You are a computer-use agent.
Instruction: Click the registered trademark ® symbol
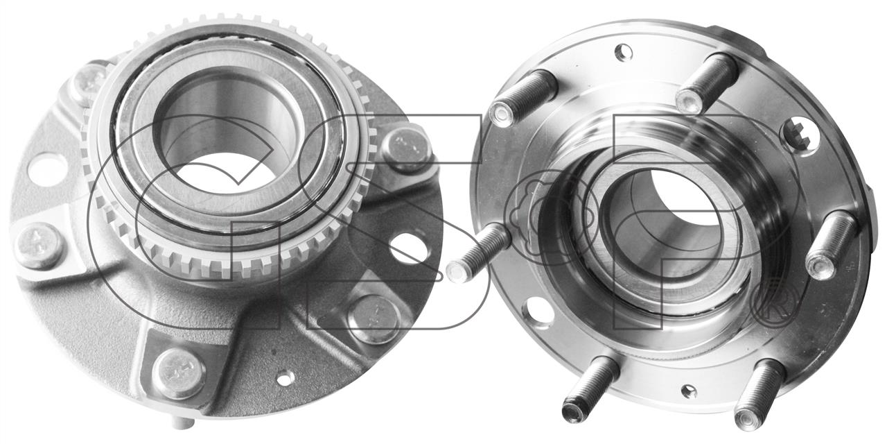pos(775,303)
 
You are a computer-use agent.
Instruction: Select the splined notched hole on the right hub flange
pos(800,135)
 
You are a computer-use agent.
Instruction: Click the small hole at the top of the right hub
pos(623,53)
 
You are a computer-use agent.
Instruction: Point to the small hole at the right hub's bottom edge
pos(689,391)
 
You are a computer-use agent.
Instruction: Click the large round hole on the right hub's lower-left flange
pos(538,311)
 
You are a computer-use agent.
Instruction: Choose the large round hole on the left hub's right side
pos(409,248)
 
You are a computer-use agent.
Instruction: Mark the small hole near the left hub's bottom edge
pos(286,378)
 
